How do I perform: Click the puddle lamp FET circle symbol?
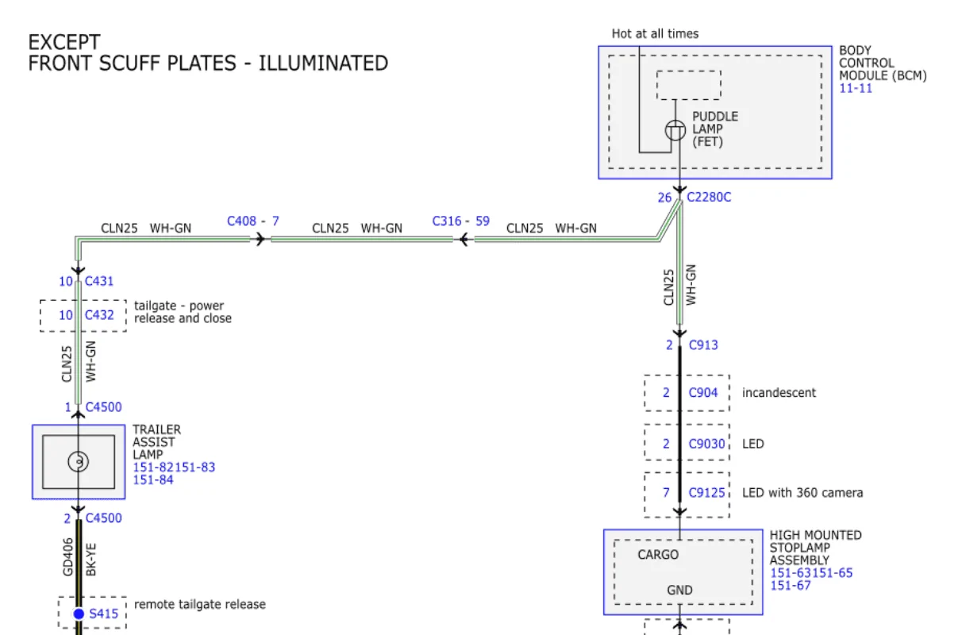click(x=675, y=129)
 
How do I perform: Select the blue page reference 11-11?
click(x=856, y=88)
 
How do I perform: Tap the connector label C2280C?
click(x=709, y=197)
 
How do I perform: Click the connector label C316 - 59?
click(x=460, y=221)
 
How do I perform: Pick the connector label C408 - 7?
click(x=253, y=221)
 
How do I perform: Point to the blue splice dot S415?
click(x=79, y=614)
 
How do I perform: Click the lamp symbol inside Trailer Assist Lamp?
click(x=78, y=461)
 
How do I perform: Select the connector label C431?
click(x=99, y=281)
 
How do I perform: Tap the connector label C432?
click(x=99, y=315)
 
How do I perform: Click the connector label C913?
click(x=703, y=344)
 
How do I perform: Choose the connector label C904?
click(x=703, y=392)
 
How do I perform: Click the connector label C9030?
click(x=706, y=444)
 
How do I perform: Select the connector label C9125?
click(x=706, y=493)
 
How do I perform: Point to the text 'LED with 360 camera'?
click(x=802, y=493)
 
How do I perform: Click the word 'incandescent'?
click(x=779, y=392)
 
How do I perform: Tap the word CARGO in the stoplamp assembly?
click(x=658, y=555)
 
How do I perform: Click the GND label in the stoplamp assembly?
click(x=679, y=590)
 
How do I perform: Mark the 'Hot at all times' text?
click(x=655, y=33)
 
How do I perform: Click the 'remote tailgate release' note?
click(x=200, y=605)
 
